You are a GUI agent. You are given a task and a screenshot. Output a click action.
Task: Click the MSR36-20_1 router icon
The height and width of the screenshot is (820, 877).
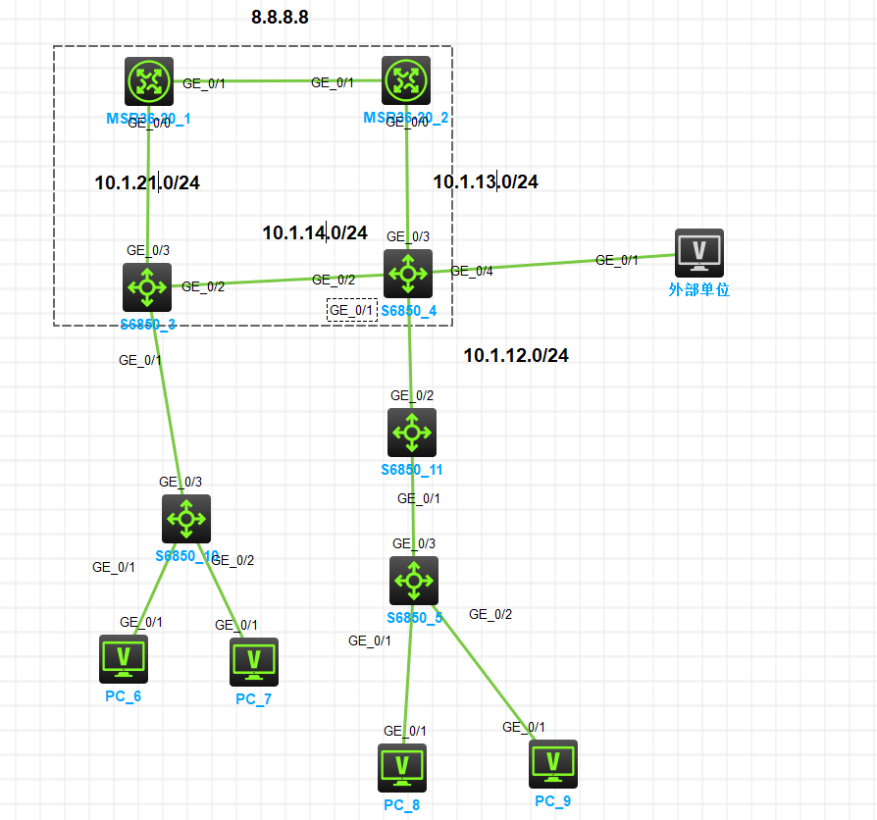point(148,81)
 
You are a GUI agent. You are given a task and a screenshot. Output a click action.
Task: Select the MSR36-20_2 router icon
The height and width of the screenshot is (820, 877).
point(406,81)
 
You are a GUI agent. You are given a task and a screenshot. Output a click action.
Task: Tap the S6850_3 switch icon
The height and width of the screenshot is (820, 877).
point(148,287)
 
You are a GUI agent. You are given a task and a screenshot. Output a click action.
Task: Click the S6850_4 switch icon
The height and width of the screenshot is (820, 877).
point(408,274)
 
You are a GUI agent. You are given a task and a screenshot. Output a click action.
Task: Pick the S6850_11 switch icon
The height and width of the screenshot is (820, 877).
point(412,433)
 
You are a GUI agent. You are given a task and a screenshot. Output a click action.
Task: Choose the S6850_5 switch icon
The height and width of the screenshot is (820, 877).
point(413,581)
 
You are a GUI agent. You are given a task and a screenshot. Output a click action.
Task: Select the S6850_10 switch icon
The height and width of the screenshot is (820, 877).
point(185,519)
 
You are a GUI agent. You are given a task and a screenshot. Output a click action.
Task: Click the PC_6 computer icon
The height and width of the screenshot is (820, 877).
point(124,658)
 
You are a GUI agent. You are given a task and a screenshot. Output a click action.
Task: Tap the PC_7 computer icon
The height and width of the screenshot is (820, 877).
point(254,661)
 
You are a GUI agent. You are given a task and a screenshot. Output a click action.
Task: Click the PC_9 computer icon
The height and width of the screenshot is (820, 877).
point(553,764)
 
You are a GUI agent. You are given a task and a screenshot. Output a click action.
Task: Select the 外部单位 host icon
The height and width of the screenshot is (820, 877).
point(699,253)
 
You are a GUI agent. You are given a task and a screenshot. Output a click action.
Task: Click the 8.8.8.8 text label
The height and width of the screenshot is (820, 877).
point(280,18)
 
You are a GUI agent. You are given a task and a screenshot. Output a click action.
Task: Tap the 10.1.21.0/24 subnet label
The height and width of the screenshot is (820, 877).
point(147,182)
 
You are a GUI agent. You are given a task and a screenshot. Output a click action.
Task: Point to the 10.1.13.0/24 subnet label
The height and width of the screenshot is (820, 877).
point(486,181)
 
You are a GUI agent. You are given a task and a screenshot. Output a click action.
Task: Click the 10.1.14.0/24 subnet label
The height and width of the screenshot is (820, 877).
point(315,233)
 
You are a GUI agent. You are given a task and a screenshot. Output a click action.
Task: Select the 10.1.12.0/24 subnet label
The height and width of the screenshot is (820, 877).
point(516,355)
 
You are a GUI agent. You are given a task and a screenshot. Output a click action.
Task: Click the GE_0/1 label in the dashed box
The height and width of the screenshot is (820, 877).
point(351,310)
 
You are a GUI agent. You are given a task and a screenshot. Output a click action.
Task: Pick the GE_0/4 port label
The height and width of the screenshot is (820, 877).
point(471,271)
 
